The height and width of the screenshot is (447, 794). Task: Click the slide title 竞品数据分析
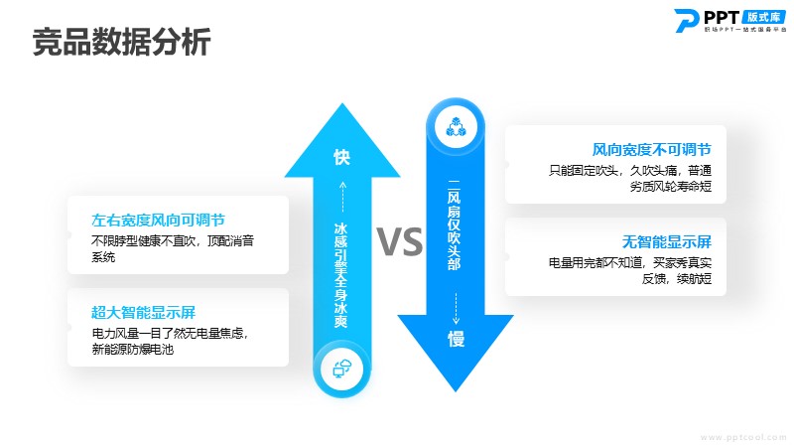click(x=121, y=42)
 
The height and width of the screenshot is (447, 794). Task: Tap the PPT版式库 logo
click(x=730, y=21)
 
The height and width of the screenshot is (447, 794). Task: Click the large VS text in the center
click(x=400, y=241)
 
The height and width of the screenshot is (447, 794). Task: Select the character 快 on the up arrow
click(x=342, y=157)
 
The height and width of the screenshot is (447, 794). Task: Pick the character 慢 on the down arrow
click(x=456, y=339)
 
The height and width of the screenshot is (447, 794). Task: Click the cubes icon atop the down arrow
click(x=456, y=127)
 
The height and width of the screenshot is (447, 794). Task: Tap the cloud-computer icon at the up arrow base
click(x=341, y=369)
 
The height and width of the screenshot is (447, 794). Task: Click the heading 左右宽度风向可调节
click(x=158, y=220)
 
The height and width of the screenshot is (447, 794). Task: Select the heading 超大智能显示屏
click(x=143, y=312)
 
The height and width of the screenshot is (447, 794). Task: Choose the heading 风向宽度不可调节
click(x=652, y=150)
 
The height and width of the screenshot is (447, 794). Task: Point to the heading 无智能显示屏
click(x=667, y=241)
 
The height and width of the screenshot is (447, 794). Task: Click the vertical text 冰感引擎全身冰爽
click(x=341, y=275)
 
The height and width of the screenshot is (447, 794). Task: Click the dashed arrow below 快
click(x=342, y=197)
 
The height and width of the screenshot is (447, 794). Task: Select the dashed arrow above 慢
click(x=456, y=308)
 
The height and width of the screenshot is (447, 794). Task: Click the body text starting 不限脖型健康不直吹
click(x=173, y=240)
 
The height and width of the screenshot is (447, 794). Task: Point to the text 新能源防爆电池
click(x=133, y=350)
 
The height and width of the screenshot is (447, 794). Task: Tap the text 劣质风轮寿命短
click(x=671, y=187)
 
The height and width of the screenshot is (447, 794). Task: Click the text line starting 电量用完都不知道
click(x=630, y=262)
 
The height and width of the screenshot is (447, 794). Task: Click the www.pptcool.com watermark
click(x=743, y=437)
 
